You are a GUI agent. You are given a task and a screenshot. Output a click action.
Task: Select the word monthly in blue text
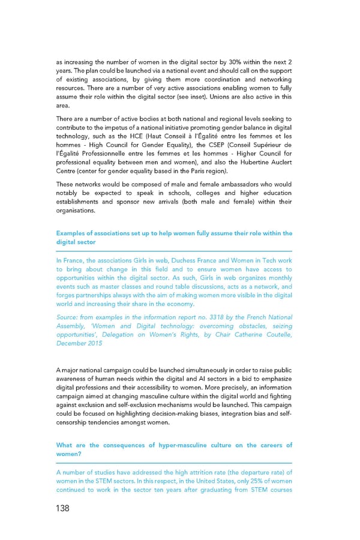pyautogui.click(x=280, y=278)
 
